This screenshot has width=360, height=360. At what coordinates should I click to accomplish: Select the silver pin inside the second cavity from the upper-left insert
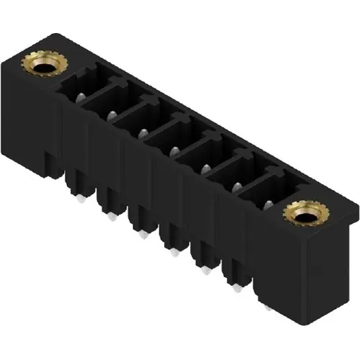(x=112, y=114)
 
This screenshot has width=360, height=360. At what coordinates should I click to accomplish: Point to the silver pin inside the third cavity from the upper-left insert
(x=143, y=132)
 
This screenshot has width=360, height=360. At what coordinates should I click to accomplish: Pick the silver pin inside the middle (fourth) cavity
(x=174, y=150)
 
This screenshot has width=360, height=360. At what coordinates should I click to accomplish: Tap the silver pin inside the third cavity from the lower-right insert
(x=204, y=168)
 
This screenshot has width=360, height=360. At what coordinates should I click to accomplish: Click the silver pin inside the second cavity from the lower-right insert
(x=236, y=186)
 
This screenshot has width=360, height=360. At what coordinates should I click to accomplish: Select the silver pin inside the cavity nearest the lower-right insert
(x=268, y=205)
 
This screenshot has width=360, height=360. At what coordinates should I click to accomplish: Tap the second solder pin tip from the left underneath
(x=112, y=217)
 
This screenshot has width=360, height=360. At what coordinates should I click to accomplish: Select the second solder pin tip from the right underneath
(x=238, y=289)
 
